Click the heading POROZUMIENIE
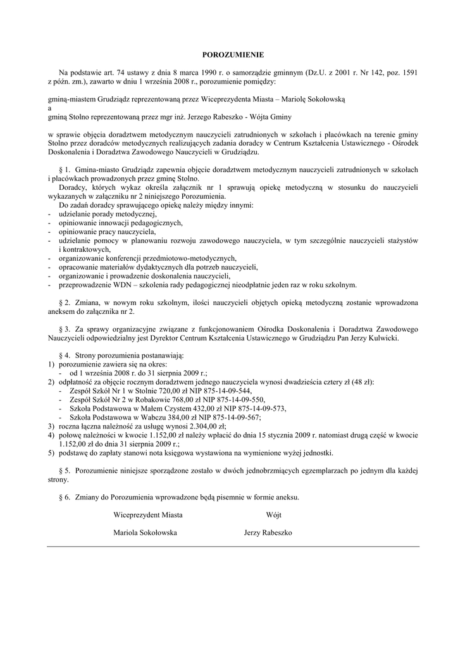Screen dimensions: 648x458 pyautogui.click(x=228, y=56)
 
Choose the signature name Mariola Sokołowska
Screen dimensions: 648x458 pyautogui.click(x=145, y=533)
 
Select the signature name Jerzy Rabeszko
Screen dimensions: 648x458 pyautogui.click(x=268, y=533)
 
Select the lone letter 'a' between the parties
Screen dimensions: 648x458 pyautogui.click(x=50, y=108)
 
